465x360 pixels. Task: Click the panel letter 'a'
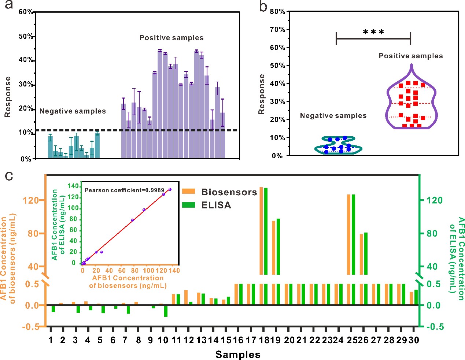pos(8,5)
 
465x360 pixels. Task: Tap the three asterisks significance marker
pos(373,33)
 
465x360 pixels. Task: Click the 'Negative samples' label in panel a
pos(73,111)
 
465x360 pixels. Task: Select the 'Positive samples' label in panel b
pos(410,56)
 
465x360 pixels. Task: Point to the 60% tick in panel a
pos(26,12)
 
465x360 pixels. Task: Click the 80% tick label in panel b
pos(277,12)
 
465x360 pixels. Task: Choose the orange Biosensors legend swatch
pos(188,191)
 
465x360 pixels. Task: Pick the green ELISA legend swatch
pos(188,205)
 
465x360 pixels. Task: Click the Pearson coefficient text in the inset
pos(124,190)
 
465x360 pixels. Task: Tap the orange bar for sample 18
pos(261,231)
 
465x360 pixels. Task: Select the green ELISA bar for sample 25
pos(353,234)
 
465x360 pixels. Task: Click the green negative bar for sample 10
pos(166,311)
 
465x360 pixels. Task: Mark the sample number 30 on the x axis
pos(414,340)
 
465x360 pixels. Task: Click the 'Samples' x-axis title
pos(238,355)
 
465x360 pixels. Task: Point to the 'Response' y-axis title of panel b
pos(262,94)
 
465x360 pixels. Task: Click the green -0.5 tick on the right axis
pos(435,327)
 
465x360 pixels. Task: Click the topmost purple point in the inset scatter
pos(170,189)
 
